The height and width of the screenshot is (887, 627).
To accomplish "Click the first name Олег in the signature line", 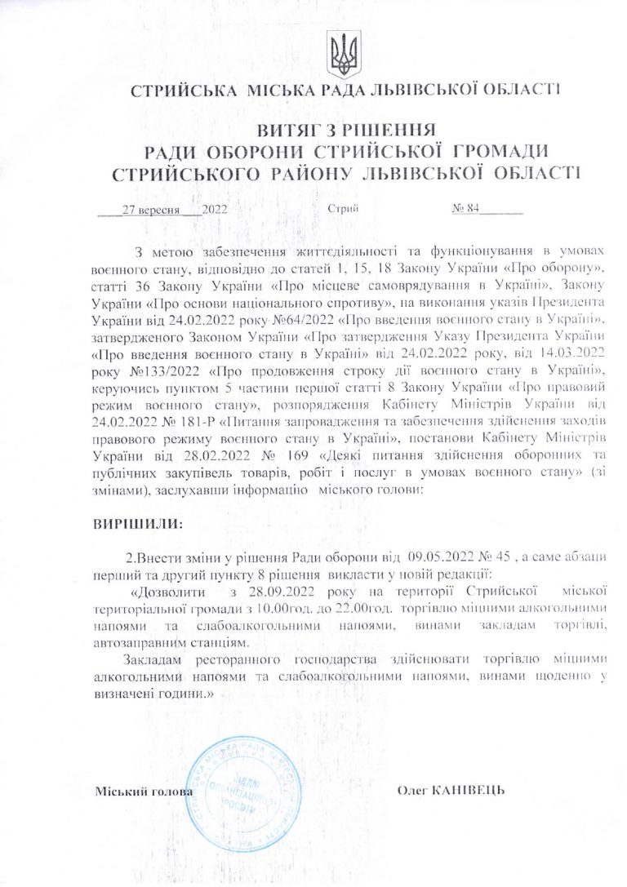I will (413, 790).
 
